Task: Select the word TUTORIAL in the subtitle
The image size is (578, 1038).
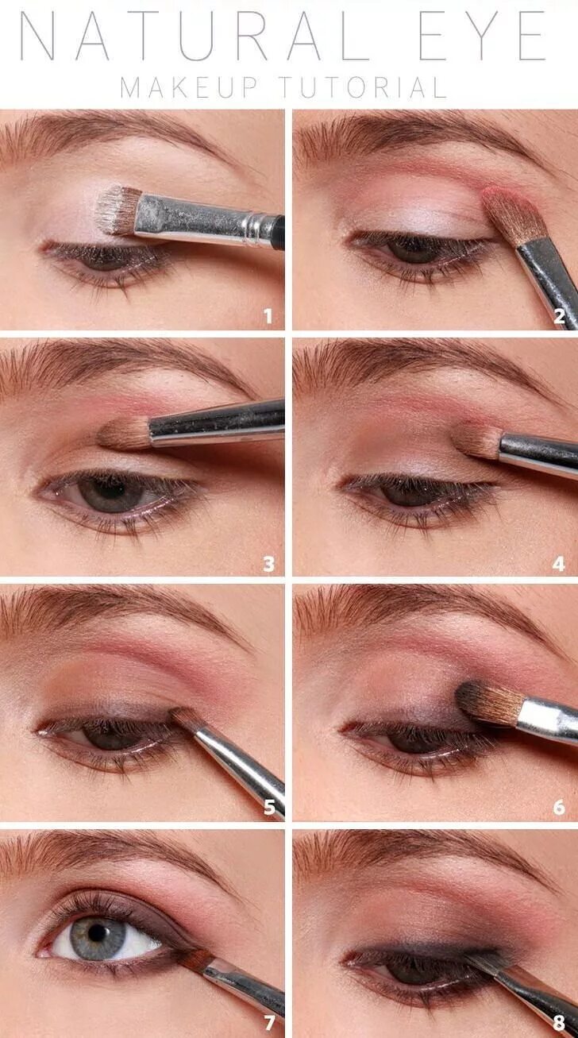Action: [x=362, y=87]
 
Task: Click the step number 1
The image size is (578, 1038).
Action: [x=268, y=317]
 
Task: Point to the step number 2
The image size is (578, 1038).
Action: [x=559, y=317]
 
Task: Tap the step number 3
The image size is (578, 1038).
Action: [x=268, y=564]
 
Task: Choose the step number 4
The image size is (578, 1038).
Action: [x=559, y=564]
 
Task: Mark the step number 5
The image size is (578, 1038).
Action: [x=268, y=808]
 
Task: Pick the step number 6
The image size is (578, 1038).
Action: [x=559, y=808]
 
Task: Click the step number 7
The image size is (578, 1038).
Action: [x=268, y=1024]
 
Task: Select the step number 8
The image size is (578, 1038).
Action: [x=559, y=1024]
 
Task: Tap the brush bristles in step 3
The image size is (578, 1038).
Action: [x=125, y=434]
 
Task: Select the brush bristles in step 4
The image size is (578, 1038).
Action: [x=480, y=442]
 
